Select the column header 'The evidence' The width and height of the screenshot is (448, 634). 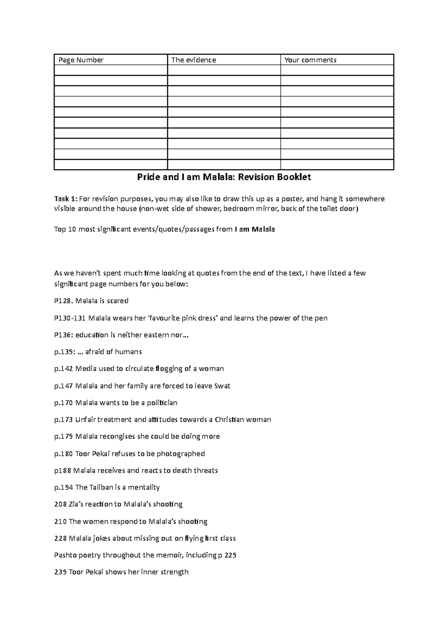[x=193, y=60]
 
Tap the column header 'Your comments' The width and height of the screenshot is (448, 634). [x=310, y=60]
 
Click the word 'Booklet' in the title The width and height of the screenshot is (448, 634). [x=293, y=177]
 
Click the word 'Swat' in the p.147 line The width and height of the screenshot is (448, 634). [x=222, y=386]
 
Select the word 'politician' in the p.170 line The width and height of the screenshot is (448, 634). [x=162, y=403]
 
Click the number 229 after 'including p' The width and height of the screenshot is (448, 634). [x=231, y=555]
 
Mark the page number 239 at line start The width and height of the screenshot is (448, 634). [x=60, y=572]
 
